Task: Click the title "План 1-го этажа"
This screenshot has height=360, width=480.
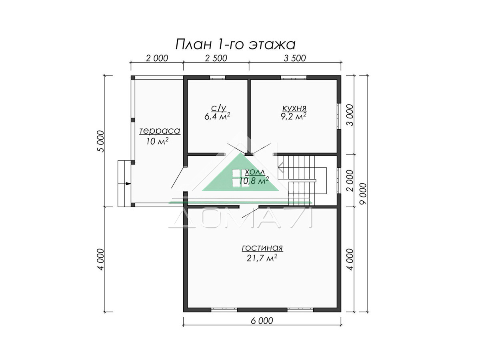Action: (x=235, y=44)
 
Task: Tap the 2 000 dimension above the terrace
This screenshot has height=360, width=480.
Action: (x=157, y=58)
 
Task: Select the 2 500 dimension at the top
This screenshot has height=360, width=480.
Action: (x=216, y=58)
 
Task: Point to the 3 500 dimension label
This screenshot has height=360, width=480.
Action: (x=295, y=58)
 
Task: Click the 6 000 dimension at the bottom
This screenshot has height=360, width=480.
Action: (x=262, y=321)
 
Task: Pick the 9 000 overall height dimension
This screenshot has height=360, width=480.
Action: (x=363, y=194)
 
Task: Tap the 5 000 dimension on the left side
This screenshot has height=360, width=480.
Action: (x=100, y=141)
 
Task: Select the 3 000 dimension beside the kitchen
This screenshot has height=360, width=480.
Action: (x=350, y=115)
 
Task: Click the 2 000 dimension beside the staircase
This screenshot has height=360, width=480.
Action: (x=350, y=180)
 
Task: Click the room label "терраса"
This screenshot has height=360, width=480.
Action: (x=160, y=131)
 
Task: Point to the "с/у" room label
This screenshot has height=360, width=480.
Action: (x=218, y=108)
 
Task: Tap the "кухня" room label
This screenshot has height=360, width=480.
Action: (x=294, y=108)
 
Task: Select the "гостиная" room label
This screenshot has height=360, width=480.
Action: (x=262, y=248)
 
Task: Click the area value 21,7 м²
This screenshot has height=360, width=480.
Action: (x=262, y=258)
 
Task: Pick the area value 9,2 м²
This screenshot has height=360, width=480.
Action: (x=294, y=116)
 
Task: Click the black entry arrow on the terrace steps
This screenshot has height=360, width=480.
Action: (x=128, y=184)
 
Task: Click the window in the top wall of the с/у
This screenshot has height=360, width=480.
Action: (x=217, y=77)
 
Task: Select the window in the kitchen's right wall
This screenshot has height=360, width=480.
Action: (x=339, y=116)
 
